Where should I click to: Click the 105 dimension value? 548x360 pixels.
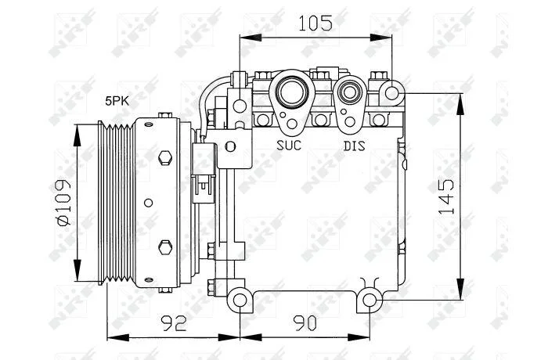click(315, 23)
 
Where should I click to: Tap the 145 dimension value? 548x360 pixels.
click(446, 196)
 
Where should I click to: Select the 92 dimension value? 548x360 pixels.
click(174, 323)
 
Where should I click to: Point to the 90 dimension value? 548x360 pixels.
click(305, 323)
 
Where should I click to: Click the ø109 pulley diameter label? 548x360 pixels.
click(63, 203)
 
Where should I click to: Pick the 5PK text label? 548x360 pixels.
click(117, 102)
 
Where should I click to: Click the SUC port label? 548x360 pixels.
click(289, 145)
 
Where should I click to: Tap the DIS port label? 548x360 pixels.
click(354, 146)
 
